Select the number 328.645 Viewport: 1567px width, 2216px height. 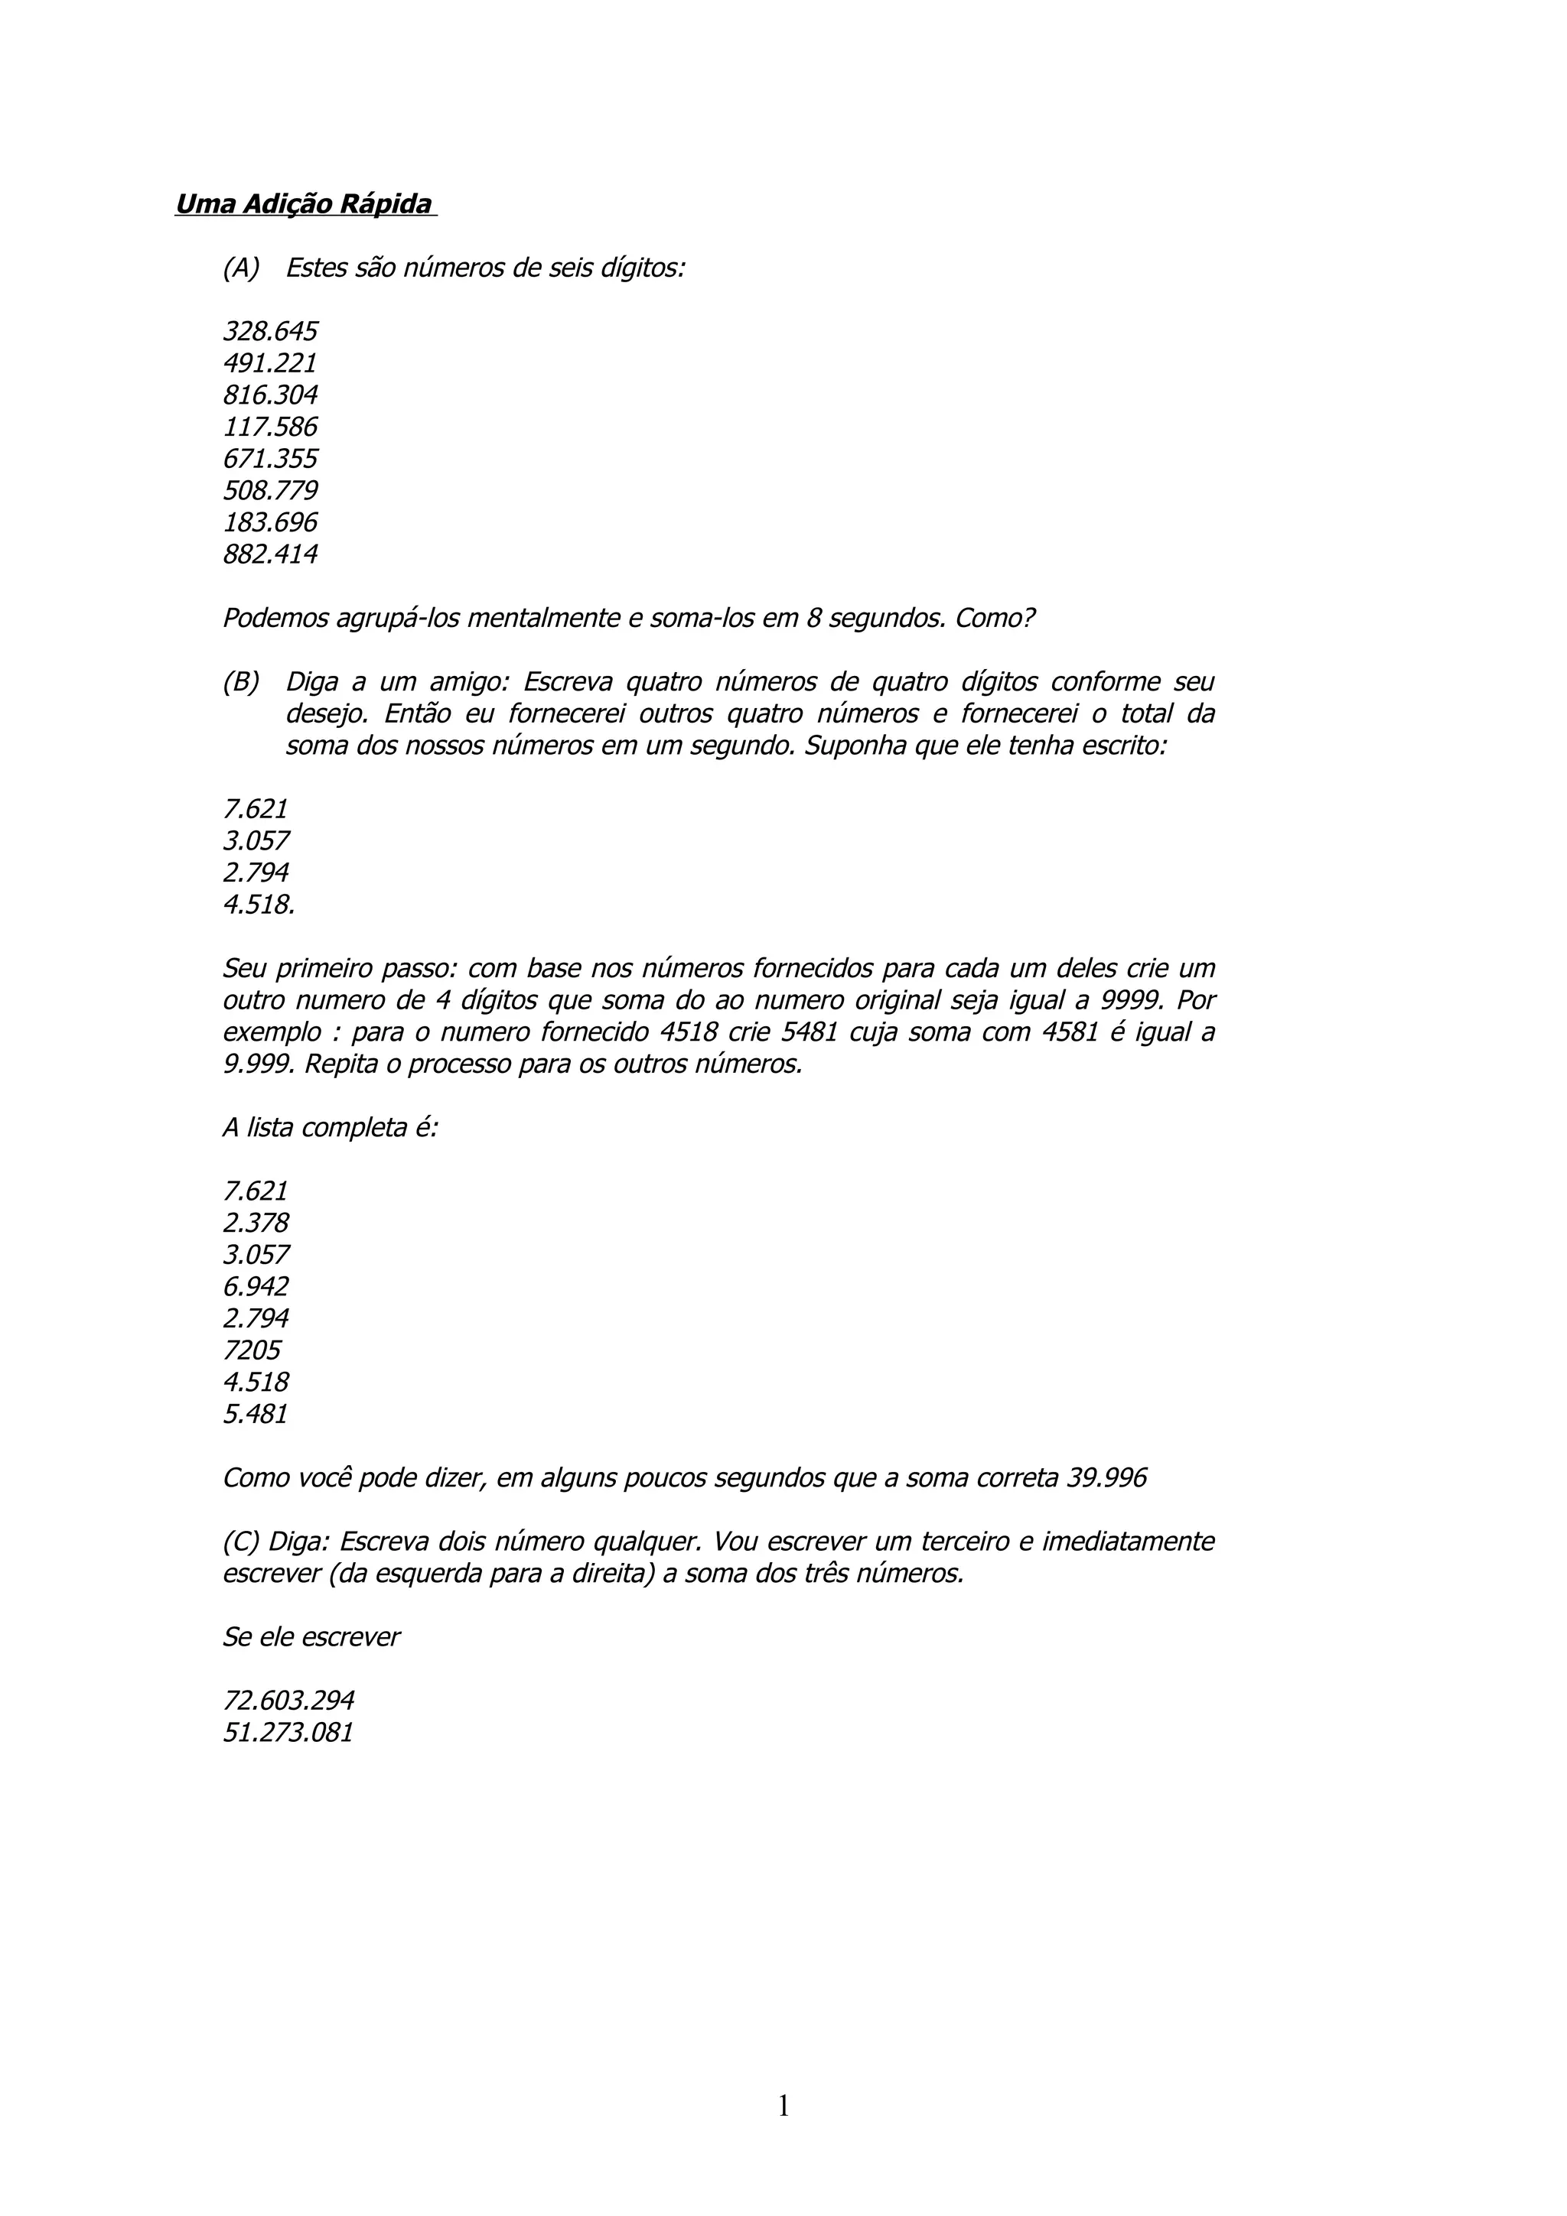269,332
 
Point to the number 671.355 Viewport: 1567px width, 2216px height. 269,460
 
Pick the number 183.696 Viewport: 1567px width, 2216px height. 269,523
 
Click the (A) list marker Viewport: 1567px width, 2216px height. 240,268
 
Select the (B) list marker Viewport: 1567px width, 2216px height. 240,682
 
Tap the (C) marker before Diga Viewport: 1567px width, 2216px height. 240,1542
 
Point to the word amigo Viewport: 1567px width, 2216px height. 467,682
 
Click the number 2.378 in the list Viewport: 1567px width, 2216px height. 255,1223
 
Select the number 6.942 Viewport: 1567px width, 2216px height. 255,1288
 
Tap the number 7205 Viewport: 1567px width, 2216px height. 251,1351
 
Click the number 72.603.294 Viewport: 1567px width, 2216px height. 288,1701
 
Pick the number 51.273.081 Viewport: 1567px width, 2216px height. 288,1733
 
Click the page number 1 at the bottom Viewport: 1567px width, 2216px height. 783,2106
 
